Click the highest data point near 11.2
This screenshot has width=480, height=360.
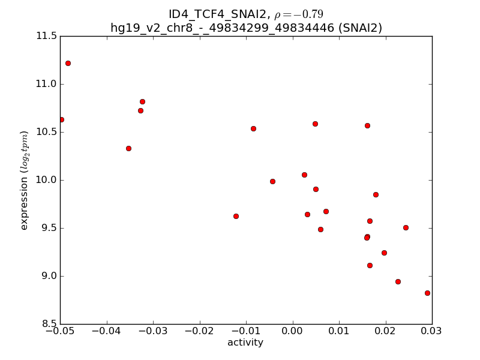(68, 63)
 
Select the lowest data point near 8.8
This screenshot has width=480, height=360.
(427, 293)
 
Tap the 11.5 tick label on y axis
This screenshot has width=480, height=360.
(46, 36)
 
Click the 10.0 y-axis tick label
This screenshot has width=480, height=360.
(46, 180)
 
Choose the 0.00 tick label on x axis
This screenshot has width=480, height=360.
(292, 332)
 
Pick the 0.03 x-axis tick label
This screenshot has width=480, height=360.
(431, 332)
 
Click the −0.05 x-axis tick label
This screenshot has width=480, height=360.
(60, 332)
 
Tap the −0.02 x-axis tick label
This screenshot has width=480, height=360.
(199, 332)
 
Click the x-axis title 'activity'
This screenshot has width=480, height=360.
(245, 343)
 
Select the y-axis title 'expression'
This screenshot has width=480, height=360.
(25, 180)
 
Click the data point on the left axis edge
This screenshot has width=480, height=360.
(61, 119)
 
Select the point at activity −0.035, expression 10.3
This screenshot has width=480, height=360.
(128, 148)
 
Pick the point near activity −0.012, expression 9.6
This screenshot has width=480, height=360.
(236, 216)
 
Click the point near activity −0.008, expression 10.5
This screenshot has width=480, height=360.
(253, 128)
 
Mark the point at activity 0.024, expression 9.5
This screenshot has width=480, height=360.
(406, 227)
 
